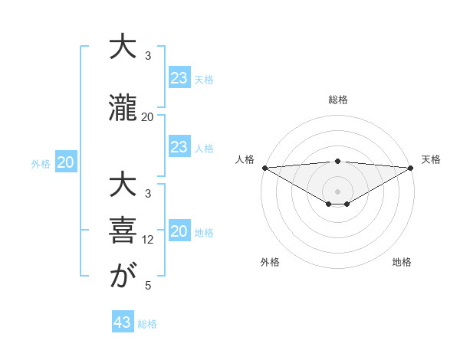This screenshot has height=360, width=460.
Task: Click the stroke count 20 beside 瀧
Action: pyautogui.click(x=147, y=117)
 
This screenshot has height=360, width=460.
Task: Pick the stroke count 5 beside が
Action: pyautogui.click(x=147, y=286)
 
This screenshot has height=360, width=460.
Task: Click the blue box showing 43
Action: pyautogui.click(x=123, y=322)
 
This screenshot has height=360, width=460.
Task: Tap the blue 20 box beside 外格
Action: pyautogui.click(x=65, y=162)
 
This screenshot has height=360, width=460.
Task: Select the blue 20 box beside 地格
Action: pyautogui.click(x=179, y=232)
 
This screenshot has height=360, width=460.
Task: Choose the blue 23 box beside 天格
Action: pyautogui.click(x=179, y=78)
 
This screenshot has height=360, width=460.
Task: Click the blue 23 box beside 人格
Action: pyautogui.click(x=179, y=147)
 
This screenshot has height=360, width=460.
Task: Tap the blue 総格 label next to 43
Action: pyautogui.click(x=147, y=324)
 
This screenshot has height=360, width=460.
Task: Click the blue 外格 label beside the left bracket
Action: pyautogui.click(x=41, y=163)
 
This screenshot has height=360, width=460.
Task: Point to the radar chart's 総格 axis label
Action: pyautogui.click(x=337, y=100)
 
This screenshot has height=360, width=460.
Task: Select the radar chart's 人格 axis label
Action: pyautogui.click(x=245, y=159)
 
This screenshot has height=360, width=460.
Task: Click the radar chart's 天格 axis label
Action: pyautogui.click(x=431, y=159)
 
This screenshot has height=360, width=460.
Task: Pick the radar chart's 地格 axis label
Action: pyautogui.click(x=402, y=262)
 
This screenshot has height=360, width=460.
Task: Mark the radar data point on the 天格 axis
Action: pyautogui.click(x=411, y=167)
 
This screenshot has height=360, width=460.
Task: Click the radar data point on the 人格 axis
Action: pyautogui.click(x=264, y=167)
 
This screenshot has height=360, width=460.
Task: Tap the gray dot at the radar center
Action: pyautogui.click(x=337, y=191)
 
